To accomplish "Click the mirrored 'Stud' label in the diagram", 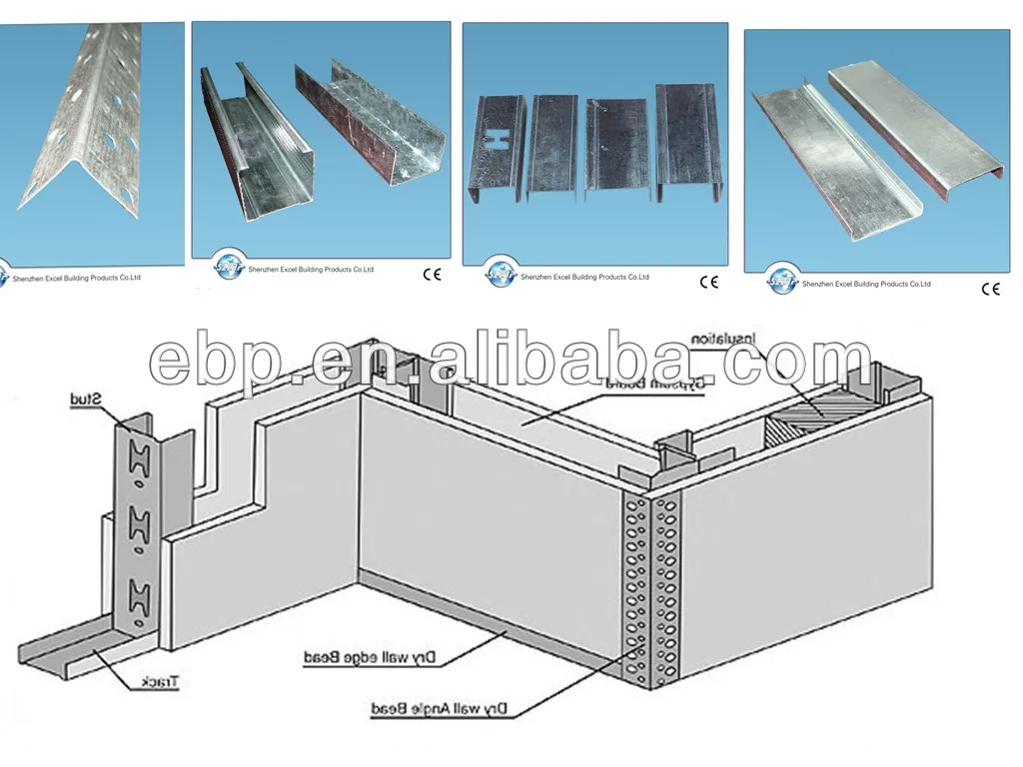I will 88,400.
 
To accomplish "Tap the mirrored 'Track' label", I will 160,682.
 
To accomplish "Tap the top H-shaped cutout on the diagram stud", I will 136,459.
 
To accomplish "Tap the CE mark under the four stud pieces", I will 708,282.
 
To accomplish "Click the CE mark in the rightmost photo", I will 990,290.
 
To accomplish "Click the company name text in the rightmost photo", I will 866,284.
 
